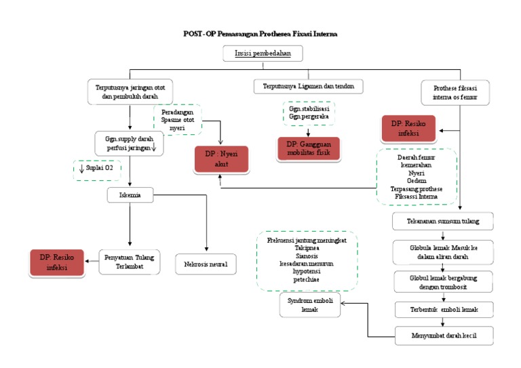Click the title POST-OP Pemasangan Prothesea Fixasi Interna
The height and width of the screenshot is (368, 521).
coord(260,33)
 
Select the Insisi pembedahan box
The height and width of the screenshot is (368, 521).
coord(263,54)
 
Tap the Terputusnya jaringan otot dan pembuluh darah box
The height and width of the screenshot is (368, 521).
coord(130,91)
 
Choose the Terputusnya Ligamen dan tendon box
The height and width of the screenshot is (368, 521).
coord(309,86)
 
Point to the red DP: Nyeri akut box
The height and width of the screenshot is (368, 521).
coord(222,160)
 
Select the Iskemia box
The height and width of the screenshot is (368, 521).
coord(130,196)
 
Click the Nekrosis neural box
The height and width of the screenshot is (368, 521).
coord(206,264)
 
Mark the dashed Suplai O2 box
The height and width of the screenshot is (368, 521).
coord(97,169)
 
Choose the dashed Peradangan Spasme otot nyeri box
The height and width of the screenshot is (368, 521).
coord(178,119)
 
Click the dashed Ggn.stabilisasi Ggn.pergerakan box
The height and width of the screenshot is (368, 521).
coord(309,112)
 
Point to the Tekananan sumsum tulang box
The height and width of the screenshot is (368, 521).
coord(443,221)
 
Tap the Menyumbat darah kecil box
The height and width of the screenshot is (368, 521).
coord(443,334)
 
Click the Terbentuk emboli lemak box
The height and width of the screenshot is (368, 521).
coord(443,309)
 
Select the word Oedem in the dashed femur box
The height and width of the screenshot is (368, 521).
coord(417,180)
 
